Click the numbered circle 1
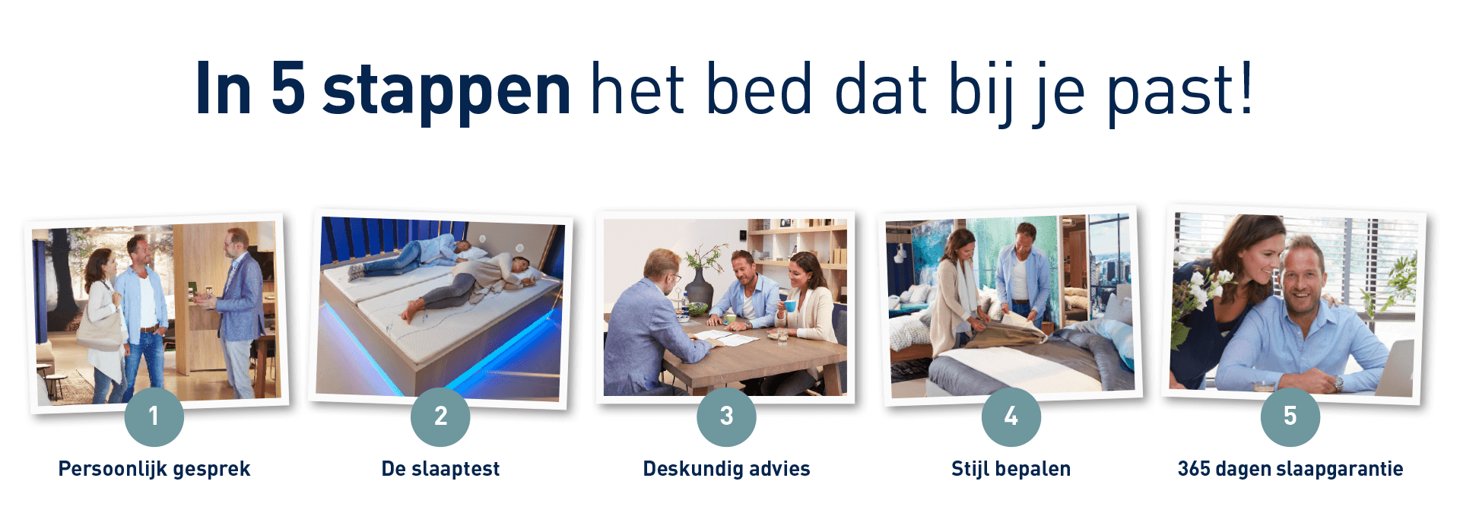pyautogui.click(x=154, y=416)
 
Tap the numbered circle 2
pyautogui.click(x=440, y=416)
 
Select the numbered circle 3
pyautogui.click(x=726, y=416)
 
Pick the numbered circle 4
pyautogui.click(x=1011, y=416)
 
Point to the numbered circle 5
pyautogui.click(x=1290, y=416)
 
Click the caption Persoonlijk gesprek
pyautogui.click(x=154, y=469)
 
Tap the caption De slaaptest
pyautogui.click(x=440, y=469)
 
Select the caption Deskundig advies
pyautogui.click(x=726, y=469)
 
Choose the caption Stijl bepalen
pyautogui.click(x=1011, y=469)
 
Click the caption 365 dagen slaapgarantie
pyautogui.click(x=1290, y=469)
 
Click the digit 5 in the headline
pyautogui.click(x=288, y=88)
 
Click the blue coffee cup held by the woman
pyautogui.click(x=789, y=306)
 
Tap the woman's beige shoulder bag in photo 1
pyautogui.click(x=97, y=325)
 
